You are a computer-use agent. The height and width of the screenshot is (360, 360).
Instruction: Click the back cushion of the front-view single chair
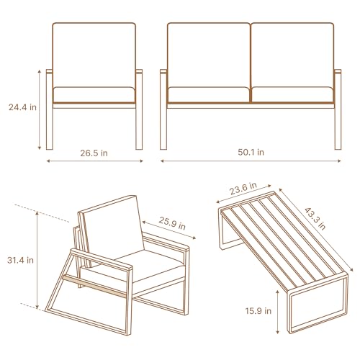pyautogui.click(x=94, y=54)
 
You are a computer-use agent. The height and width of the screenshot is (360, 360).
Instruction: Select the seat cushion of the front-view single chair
pyautogui.click(x=94, y=94)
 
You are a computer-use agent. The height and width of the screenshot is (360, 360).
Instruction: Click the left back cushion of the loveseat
pyautogui.click(x=209, y=54)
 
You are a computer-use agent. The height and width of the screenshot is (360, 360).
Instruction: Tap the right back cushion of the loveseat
pyautogui.click(x=292, y=54)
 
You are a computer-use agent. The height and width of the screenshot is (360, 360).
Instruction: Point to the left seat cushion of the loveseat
pyautogui.click(x=209, y=94)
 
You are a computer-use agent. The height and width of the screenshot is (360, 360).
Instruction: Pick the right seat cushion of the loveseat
pyautogui.click(x=292, y=94)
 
